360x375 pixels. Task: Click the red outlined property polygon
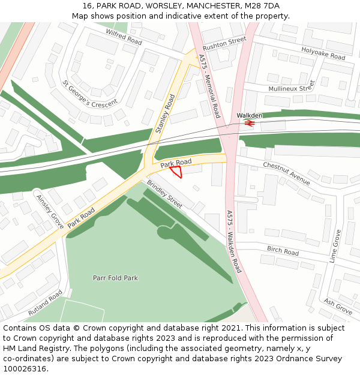[x=175, y=172]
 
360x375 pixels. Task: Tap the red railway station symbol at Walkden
[x=250, y=123]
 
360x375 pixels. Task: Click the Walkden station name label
[x=250, y=115]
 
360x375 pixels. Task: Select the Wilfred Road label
[x=124, y=37]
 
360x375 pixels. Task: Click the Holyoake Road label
[x=323, y=53]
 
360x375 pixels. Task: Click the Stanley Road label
[x=165, y=113]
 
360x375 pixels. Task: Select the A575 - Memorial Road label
[x=209, y=86]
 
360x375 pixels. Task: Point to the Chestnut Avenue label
[x=286, y=173]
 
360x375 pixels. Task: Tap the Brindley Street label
[x=164, y=194]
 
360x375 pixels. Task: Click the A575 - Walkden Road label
[x=234, y=241]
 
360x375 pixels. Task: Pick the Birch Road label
[x=283, y=251]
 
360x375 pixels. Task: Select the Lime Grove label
[x=337, y=245]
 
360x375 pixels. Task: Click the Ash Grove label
[x=338, y=307]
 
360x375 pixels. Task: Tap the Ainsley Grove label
[x=50, y=208]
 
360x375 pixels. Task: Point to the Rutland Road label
[x=45, y=304]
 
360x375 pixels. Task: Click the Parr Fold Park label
[x=115, y=278]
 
